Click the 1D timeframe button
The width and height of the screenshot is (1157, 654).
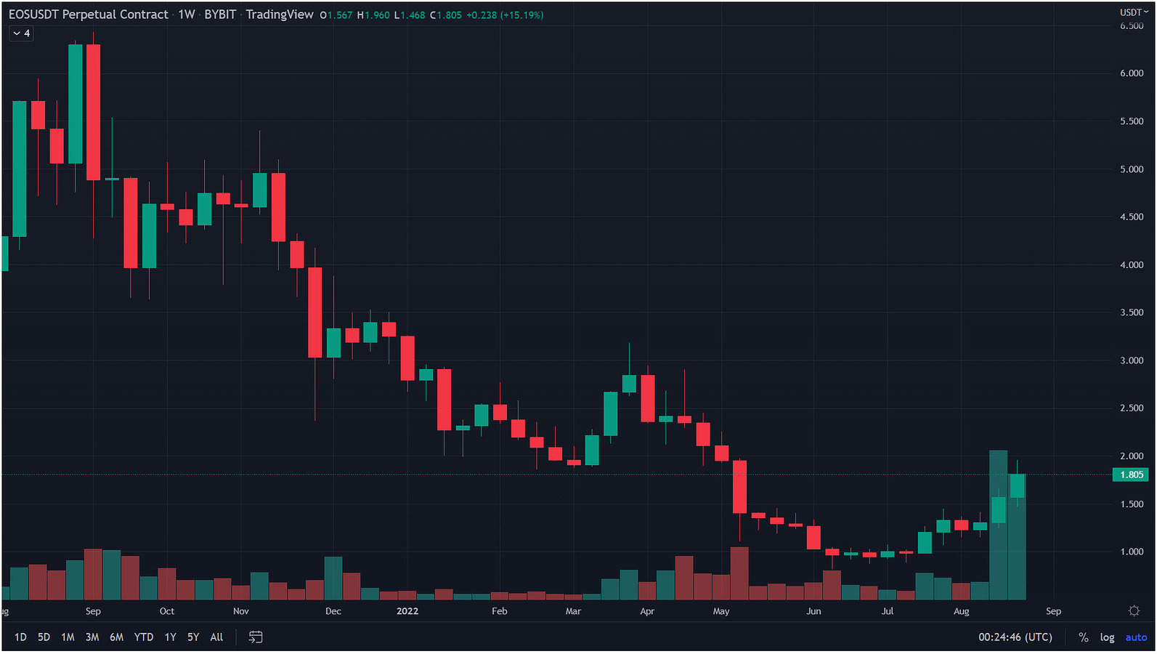point(20,637)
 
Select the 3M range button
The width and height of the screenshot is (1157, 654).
point(92,637)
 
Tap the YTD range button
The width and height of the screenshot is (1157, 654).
point(144,637)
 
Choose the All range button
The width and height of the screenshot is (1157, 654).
point(216,637)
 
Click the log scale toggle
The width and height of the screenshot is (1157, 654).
point(1107,637)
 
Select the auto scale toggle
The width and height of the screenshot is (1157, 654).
point(1136,637)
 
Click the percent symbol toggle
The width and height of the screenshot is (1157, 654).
point(1084,637)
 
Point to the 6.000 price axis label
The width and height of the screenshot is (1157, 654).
point(1132,73)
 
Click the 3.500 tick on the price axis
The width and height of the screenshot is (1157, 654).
point(1132,312)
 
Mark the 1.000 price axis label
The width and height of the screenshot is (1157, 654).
point(1132,552)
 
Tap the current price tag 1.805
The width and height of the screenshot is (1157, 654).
point(1131,475)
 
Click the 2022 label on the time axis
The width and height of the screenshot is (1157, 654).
point(407,611)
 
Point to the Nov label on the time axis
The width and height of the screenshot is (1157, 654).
point(241,611)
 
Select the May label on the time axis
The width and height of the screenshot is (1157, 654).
point(721,611)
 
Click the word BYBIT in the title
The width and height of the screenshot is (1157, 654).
point(220,15)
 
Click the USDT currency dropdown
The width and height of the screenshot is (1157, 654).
point(1134,12)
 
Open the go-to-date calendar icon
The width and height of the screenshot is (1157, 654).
point(256,637)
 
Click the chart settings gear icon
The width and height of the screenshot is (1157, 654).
point(1134,611)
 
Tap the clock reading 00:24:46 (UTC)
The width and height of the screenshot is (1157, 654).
point(1015,637)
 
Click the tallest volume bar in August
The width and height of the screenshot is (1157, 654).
point(999,525)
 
